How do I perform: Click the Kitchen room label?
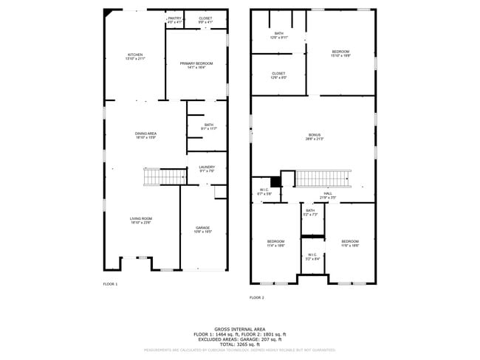coord(134,56)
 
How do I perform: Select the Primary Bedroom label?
coord(196,65)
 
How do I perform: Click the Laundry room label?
coord(207,169)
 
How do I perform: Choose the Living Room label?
coord(140,220)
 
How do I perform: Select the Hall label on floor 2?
coord(327,195)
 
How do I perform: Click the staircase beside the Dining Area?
coord(164,177)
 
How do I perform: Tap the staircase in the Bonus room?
coord(323,179)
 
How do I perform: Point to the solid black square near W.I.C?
coord(276,181)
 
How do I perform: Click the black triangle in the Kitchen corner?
coord(109,13)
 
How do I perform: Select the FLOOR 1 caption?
coord(110,284)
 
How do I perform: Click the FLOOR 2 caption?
coord(256,297)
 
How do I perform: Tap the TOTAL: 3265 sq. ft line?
coord(239,345)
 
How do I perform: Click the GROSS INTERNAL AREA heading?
coord(239,329)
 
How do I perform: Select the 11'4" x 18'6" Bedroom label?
coord(275,243)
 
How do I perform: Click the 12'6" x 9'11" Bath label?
coord(278,35)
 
